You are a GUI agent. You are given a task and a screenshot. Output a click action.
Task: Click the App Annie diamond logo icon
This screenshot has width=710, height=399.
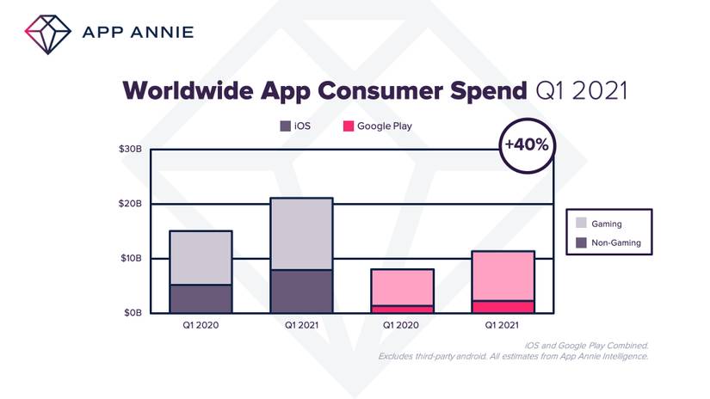49,33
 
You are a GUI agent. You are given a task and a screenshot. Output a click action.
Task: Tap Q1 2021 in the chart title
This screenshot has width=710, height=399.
581,90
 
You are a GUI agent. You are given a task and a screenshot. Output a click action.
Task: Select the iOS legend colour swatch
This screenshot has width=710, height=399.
285,126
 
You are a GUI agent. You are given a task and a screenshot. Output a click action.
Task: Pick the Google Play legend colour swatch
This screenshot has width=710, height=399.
349,126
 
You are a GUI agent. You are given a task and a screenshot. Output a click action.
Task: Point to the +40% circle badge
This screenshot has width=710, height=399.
528,144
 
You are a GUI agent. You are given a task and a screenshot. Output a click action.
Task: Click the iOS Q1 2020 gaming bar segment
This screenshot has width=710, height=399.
201,257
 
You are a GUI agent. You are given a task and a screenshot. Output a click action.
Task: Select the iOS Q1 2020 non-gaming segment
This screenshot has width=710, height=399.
201,298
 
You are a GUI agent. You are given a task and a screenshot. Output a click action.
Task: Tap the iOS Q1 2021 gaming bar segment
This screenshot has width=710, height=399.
301,233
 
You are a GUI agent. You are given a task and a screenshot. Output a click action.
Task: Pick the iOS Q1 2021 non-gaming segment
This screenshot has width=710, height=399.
301,291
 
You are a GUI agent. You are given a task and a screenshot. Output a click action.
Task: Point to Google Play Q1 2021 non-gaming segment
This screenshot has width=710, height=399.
503,306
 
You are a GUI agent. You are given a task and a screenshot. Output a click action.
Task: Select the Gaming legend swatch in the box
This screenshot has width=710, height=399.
583,224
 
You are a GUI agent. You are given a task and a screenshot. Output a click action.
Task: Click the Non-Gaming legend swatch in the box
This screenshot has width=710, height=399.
583,243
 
